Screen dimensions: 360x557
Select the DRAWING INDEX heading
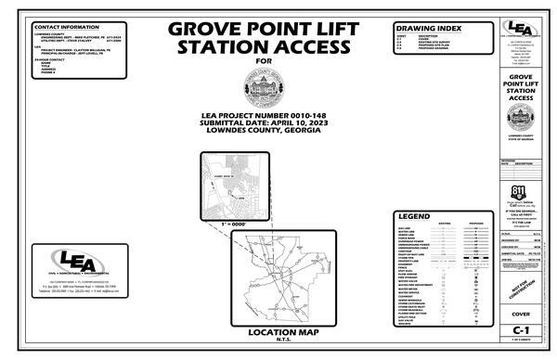point(423,29)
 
